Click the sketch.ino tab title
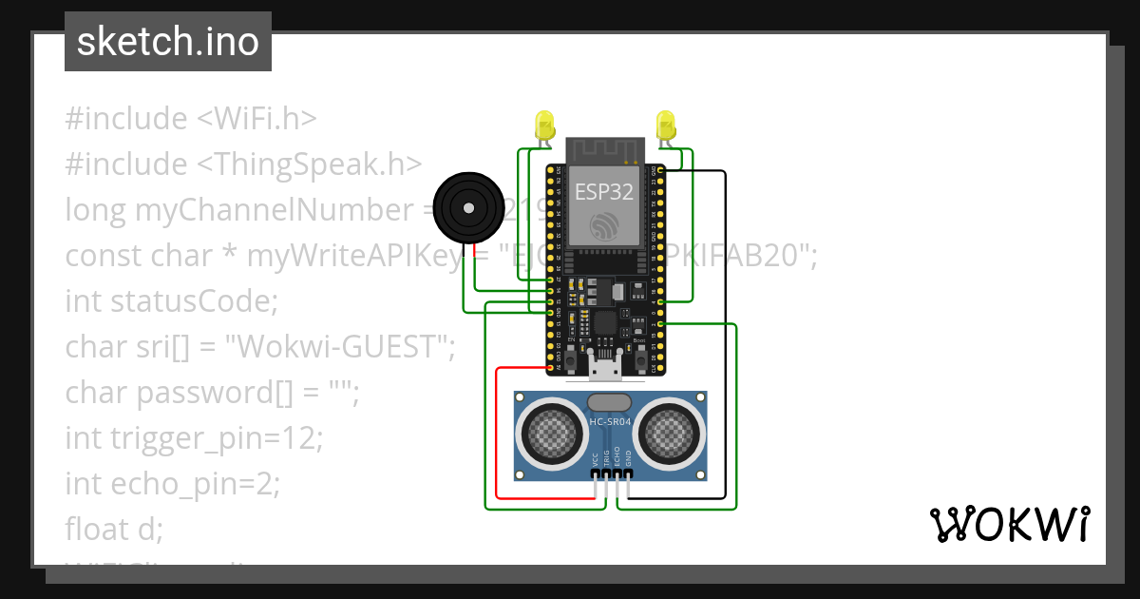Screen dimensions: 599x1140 click(x=168, y=43)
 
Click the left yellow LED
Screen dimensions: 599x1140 click(x=544, y=126)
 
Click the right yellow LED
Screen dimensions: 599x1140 click(x=666, y=126)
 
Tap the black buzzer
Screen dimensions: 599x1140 click(x=466, y=207)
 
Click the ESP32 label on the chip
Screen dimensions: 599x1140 click(x=604, y=192)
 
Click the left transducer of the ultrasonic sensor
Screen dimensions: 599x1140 click(x=550, y=435)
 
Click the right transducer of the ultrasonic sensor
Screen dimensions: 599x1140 click(x=670, y=435)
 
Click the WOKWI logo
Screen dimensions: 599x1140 click(x=1009, y=524)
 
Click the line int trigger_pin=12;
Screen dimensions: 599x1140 click(x=195, y=438)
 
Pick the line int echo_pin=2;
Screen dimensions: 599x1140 click(x=173, y=484)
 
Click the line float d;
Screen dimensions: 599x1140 click(x=114, y=529)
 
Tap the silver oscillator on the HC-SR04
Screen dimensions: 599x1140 click(x=610, y=402)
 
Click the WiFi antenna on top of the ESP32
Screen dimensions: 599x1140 click(x=605, y=150)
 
